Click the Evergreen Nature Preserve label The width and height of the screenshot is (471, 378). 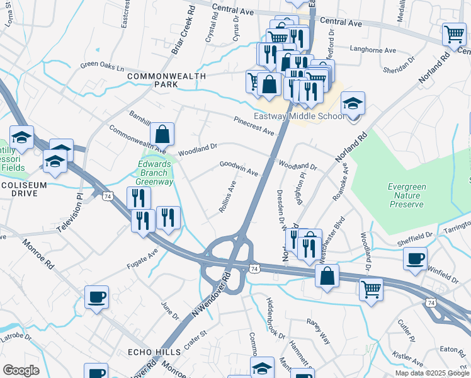[x=406, y=195]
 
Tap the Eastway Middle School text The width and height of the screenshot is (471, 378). [x=299, y=116]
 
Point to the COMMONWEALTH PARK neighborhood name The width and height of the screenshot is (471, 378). [x=167, y=80]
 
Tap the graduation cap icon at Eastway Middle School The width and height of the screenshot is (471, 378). [x=353, y=102]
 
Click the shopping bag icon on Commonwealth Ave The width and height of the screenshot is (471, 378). [x=162, y=134]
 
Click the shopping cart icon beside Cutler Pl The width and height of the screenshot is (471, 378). [x=372, y=290]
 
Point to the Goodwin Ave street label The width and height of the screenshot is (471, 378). [x=239, y=168]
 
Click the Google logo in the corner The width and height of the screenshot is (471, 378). [x=21, y=370]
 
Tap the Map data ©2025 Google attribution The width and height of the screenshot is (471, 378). [x=432, y=373]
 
